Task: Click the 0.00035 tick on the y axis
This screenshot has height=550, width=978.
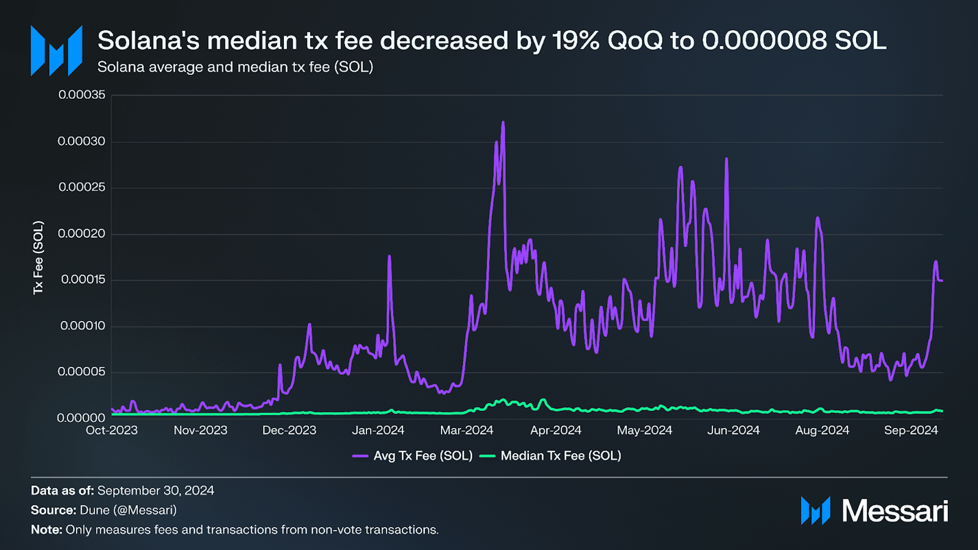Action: click(x=82, y=94)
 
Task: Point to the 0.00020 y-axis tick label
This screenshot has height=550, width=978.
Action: click(x=81, y=233)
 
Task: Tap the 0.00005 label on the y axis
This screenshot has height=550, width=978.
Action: click(x=81, y=372)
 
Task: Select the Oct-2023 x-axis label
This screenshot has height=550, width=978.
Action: click(x=112, y=430)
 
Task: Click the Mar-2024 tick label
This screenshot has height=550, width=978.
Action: click(x=467, y=430)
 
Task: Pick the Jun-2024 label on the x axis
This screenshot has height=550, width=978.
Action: click(x=733, y=430)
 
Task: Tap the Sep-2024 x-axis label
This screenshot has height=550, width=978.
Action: click(x=911, y=430)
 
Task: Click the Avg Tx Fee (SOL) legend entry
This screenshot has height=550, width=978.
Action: click(x=413, y=456)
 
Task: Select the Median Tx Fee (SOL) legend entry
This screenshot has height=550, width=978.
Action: click(x=551, y=456)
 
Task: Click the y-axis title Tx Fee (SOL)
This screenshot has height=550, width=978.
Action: click(x=38, y=257)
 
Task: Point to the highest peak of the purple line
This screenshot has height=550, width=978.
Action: click(x=503, y=122)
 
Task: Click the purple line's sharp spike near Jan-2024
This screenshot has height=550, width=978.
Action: click(x=389, y=256)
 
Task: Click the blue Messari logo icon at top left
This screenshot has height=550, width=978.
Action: click(x=56, y=51)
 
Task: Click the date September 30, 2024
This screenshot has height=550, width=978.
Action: click(x=156, y=490)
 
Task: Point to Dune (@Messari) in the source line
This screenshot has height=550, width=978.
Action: click(x=128, y=510)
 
